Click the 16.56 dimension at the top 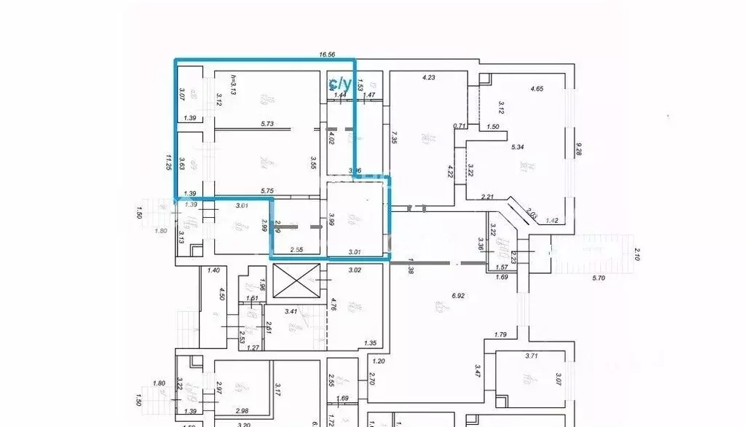tap(329, 54)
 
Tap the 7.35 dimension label tap(393, 136)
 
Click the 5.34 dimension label tap(518, 147)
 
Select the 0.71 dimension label tap(460, 126)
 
